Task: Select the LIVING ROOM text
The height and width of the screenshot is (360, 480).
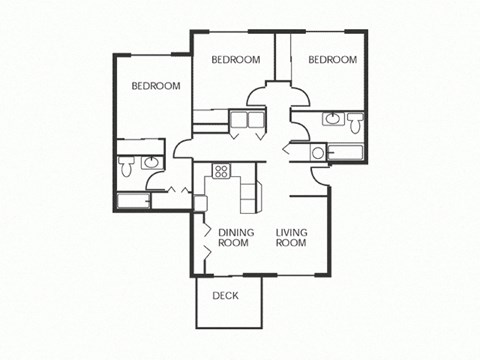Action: click(x=291, y=238)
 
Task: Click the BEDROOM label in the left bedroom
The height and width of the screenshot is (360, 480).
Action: click(x=156, y=86)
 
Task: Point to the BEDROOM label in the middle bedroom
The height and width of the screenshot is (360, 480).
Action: click(x=236, y=60)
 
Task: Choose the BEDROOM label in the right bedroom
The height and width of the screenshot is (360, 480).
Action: click(x=332, y=60)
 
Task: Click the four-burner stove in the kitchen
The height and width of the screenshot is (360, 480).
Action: click(x=221, y=169)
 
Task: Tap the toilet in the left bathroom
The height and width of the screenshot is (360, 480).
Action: click(x=125, y=166)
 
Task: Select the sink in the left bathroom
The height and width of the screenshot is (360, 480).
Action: click(x=150, y=163)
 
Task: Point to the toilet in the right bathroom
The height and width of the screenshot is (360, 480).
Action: click(x=354, y=124)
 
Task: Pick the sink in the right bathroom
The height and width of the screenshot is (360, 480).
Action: click(x=331, y=120)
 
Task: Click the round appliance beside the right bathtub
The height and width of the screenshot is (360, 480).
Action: click(x=317, y=153)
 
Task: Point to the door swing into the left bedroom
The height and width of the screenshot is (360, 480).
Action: click(x=183, y=150)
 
